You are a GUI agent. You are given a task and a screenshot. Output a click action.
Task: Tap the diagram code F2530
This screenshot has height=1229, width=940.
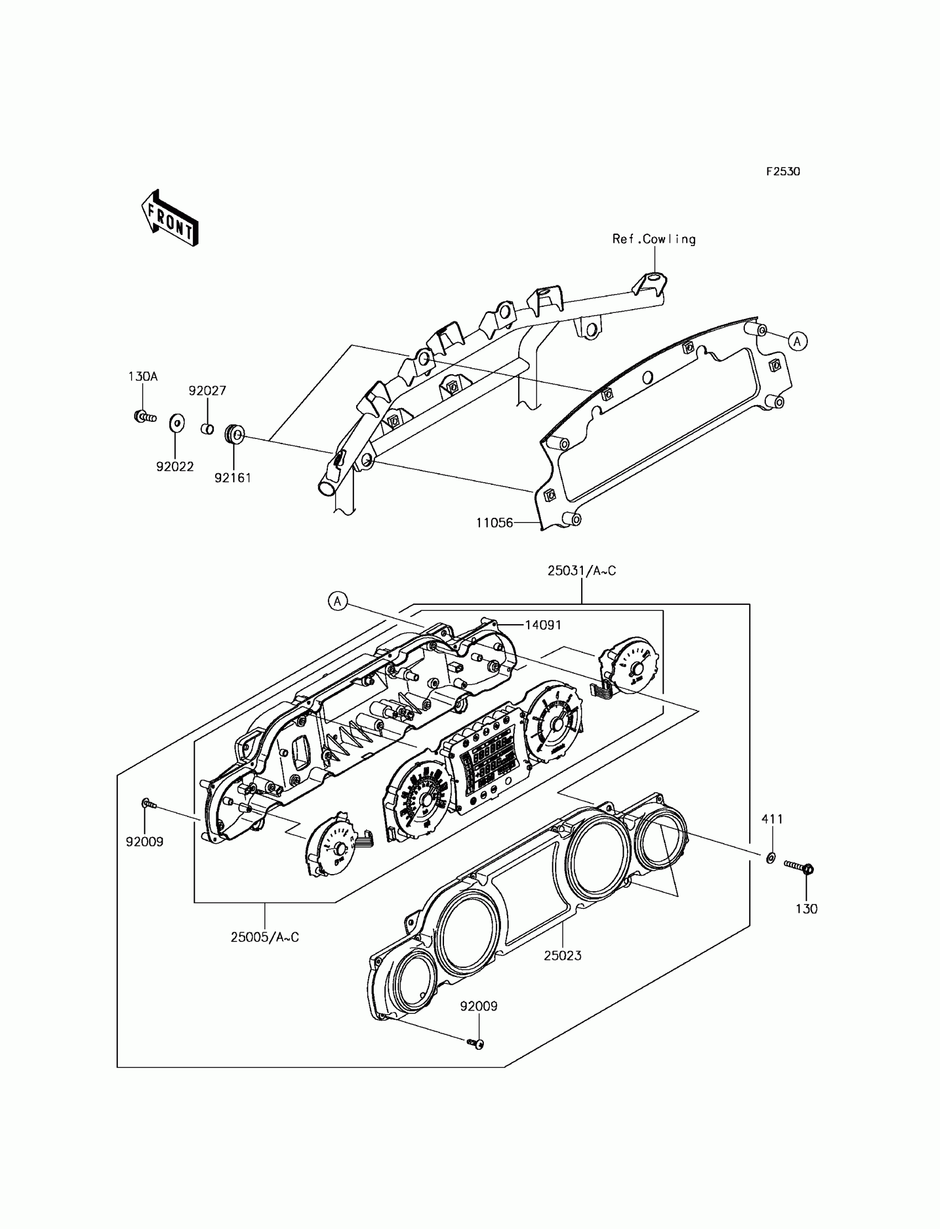783,172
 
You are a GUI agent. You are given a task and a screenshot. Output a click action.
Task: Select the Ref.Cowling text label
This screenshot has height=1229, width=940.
654,239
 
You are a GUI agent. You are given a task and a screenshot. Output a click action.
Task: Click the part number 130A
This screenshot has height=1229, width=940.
143,376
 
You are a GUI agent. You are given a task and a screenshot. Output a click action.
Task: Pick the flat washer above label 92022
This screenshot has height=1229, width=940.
176,423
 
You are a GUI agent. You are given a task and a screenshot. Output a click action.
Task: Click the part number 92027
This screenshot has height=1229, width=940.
207,390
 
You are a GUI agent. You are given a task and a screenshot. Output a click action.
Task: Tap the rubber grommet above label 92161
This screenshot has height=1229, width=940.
234,433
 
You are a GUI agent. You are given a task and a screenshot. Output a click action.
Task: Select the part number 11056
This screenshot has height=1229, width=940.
495,522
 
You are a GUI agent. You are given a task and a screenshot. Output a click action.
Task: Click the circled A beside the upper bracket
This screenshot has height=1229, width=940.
798,341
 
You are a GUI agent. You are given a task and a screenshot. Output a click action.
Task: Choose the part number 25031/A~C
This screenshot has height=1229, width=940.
581,571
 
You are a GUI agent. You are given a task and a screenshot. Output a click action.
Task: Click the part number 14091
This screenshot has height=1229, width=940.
543,625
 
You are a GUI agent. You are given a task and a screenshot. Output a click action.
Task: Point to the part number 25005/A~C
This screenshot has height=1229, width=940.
265,937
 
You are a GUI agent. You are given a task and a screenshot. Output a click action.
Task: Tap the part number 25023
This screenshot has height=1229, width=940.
562,955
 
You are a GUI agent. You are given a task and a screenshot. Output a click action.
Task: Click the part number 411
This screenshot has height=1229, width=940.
772,819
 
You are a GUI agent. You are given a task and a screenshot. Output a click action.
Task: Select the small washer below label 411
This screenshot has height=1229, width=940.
770,857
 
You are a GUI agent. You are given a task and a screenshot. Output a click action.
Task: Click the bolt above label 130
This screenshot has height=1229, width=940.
799,867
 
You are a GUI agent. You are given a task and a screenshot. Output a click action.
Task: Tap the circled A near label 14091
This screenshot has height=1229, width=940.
337,602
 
